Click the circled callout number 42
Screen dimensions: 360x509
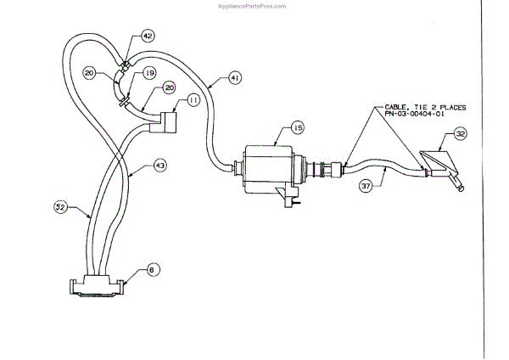pyautogui.click(x=148, y=37)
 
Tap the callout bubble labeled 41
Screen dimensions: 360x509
pyautogui.click(x=235, y=78)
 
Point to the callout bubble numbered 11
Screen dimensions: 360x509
pyautogui.click(x=193, y=100)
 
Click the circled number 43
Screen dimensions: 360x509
pyautogui.click(x=159, y=166)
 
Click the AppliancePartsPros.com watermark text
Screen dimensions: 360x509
pyautogui.click(x=255, y=4)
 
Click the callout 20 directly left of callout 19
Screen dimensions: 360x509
pyautogui.click(x=112, y=73)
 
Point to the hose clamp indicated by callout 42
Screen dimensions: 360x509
pyautogui.click(x=126, y=62)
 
